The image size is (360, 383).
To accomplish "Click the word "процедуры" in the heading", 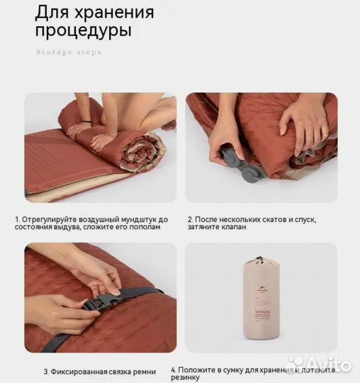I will click(84, 33).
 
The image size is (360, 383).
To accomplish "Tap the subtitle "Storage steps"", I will click(69, 52).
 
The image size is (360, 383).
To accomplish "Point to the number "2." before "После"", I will click(190, 219).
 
